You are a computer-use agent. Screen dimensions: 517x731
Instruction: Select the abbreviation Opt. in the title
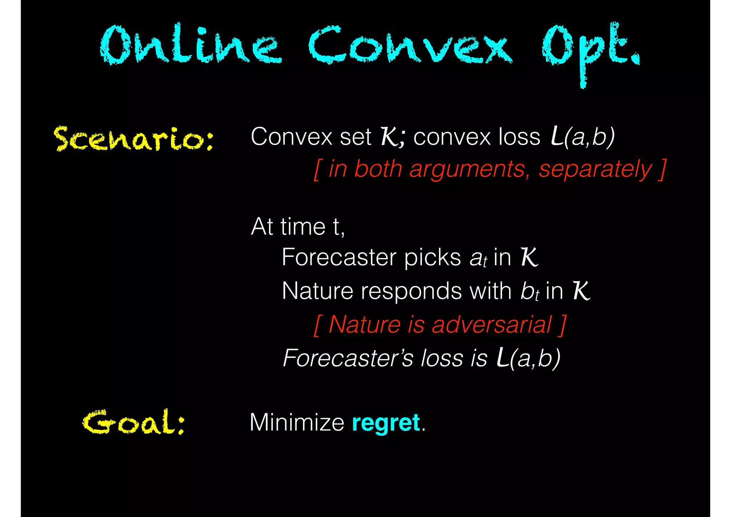click(x=591, y=48)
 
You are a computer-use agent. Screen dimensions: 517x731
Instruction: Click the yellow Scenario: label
click(x=134, y=139)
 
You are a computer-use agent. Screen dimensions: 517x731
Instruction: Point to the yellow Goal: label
click(x=134, y=422)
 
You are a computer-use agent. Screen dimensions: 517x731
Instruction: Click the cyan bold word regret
click(x=385, y=423)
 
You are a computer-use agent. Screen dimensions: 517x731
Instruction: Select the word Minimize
click(x=297, y=423)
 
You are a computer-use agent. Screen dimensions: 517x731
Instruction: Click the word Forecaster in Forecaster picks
click(x=339, y=257)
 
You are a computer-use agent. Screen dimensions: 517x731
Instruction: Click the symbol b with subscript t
click(x=529, y=292)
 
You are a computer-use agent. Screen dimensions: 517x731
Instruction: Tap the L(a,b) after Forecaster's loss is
click(x=528, y=358)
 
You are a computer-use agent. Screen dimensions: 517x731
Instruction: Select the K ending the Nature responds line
click(x=581, y=291)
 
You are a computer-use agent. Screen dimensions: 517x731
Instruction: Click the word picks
click(x=432, y=257)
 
